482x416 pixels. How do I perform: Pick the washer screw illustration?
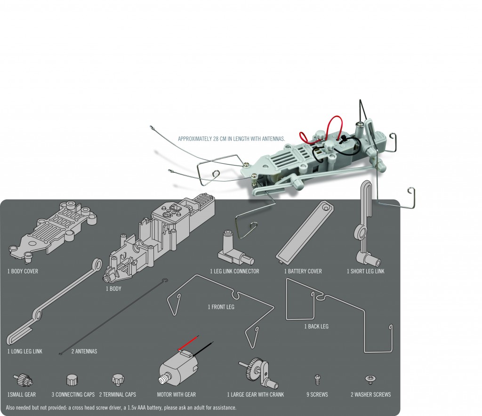tap(370, 379)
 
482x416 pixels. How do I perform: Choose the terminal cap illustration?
tap(117, 378)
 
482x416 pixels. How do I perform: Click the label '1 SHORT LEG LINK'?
tap(366, 271)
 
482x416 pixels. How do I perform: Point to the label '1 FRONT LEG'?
tap(221, 307)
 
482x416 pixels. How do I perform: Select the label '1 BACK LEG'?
tap(316, 326)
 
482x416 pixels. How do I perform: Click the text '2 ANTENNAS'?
tap(84, 352)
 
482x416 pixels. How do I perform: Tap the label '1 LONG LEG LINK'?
tap(25, 352)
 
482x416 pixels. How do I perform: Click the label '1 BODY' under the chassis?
tap(113, 288)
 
